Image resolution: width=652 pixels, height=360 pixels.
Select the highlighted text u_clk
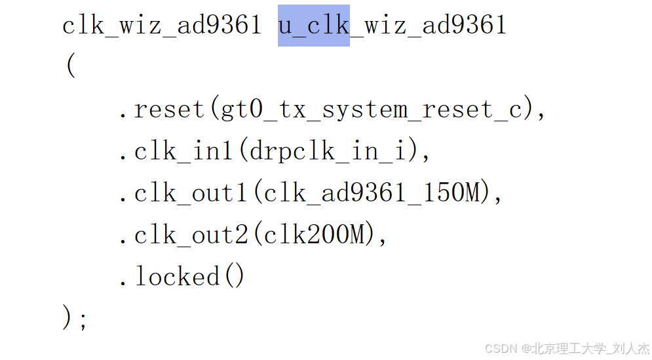(x=314, y=26)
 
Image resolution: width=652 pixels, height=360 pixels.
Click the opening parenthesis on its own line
(x=71, y=67)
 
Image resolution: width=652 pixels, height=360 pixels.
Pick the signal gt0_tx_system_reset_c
(x=373, y=110)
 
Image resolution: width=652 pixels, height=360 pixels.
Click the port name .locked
(x=168, y=276)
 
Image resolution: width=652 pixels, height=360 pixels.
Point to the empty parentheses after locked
(x=233, y=276)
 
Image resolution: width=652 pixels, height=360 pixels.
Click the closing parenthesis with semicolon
(x=75, y=318)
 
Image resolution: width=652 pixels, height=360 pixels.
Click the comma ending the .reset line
(x=541, y=114)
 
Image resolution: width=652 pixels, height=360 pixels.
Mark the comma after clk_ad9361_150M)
(x=498, y=197)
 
